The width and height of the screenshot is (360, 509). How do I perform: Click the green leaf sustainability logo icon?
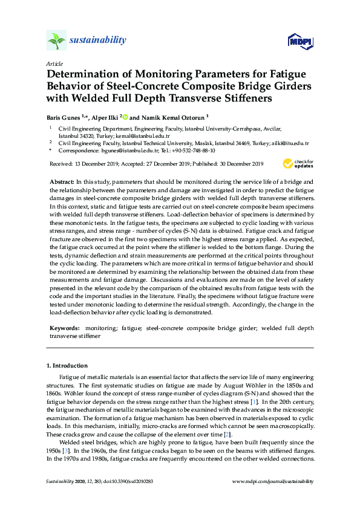[56, 41]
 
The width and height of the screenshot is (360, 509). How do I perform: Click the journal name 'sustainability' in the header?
[98, 41]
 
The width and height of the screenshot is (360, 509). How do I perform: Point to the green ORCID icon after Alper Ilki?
[126, 117]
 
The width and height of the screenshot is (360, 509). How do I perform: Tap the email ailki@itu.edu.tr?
[291, 144]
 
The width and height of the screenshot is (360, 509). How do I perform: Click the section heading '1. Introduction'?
[67, 366]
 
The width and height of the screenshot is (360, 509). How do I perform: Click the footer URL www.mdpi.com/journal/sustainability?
[273, 481]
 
